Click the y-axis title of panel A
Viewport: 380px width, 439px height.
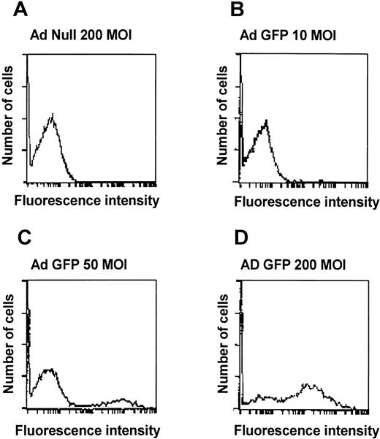pyautogui.click(x=11, y=119)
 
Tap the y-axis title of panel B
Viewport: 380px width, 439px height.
pyautogui.click(x=225, y=119)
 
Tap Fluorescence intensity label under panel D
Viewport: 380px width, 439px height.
pyautogui.click(x=301, y=430)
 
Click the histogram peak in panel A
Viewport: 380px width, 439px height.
pyautogui.click(x=53, y=115)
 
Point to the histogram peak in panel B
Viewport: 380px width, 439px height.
pyautogui.click(x=267, y=121)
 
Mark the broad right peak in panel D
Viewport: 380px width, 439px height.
pyautogui.click(x=308, y=385)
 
